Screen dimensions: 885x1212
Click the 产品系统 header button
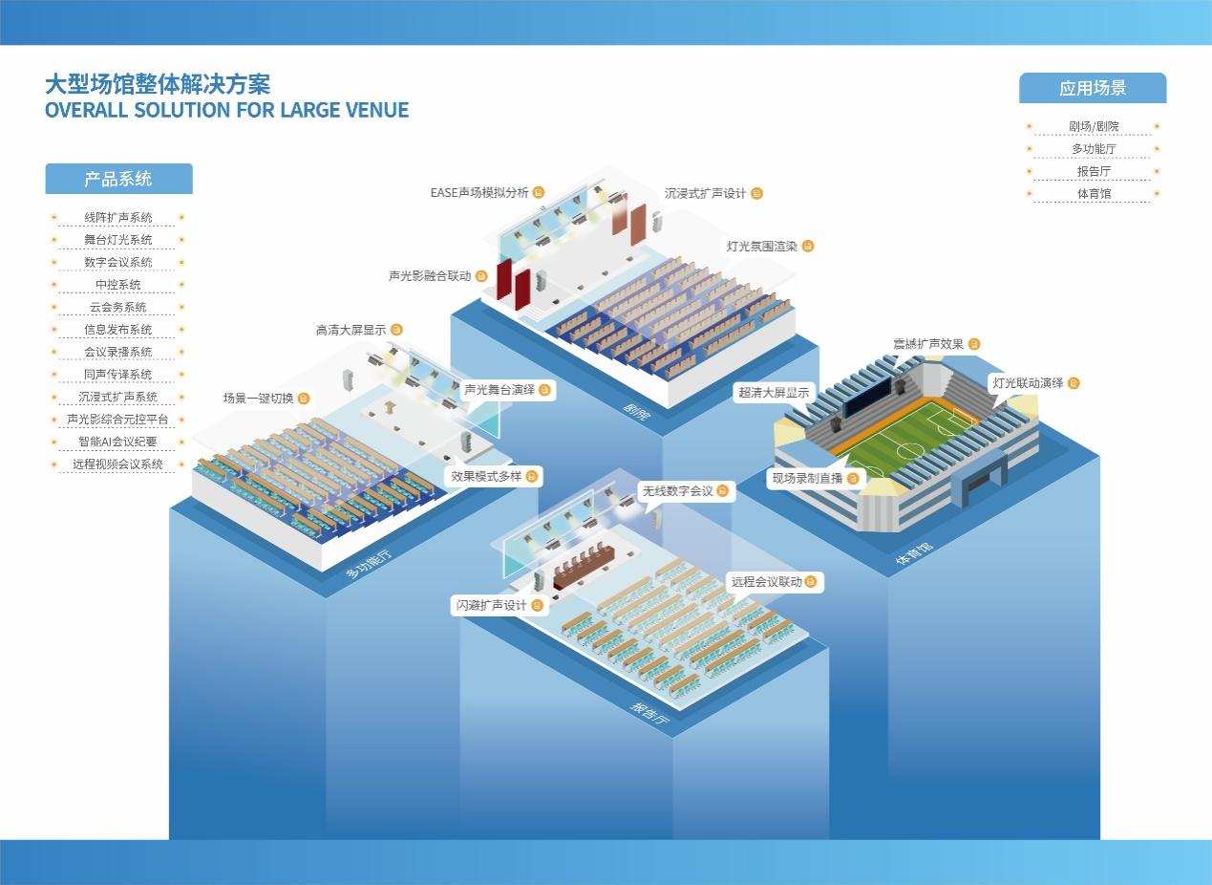(x=118, y=179)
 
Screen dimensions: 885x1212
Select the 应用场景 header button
(x=1093, y=88)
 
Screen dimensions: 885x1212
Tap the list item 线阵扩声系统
(x=118, y=218)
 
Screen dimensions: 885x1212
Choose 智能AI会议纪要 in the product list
(x=118, y=442)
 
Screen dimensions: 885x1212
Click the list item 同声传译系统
(x=118, y=375)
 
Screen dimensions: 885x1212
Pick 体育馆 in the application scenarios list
(x=1094, y=194)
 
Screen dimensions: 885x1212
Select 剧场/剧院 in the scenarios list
(x=1094, y=127)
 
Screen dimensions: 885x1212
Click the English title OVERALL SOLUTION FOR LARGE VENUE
(x=226, y=110)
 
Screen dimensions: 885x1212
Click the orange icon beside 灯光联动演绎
(x=1074, y=383)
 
